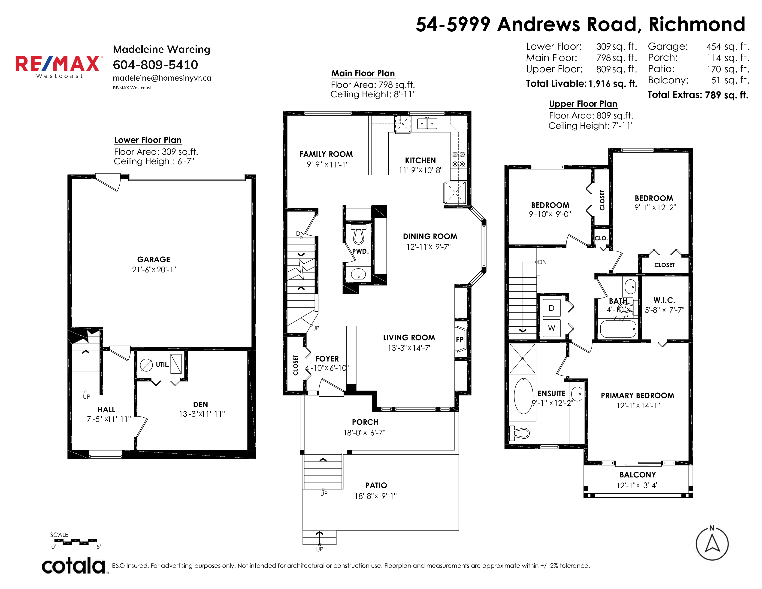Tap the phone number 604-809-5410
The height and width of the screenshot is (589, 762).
pos(155,64)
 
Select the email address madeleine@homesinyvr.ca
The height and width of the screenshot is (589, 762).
pos(162,78)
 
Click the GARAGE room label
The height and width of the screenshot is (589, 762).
pos(154,259)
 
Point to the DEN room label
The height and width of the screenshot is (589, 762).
pos(201,404)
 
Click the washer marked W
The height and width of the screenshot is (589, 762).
pos(551,328)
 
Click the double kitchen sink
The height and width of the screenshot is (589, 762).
pos(427,124)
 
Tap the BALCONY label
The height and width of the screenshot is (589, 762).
pos(638,475)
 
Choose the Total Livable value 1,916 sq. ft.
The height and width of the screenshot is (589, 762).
pos(613,84)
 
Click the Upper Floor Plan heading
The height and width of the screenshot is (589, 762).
pos(583,104)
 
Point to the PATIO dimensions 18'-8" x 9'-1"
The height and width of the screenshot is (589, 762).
pos(376,496)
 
